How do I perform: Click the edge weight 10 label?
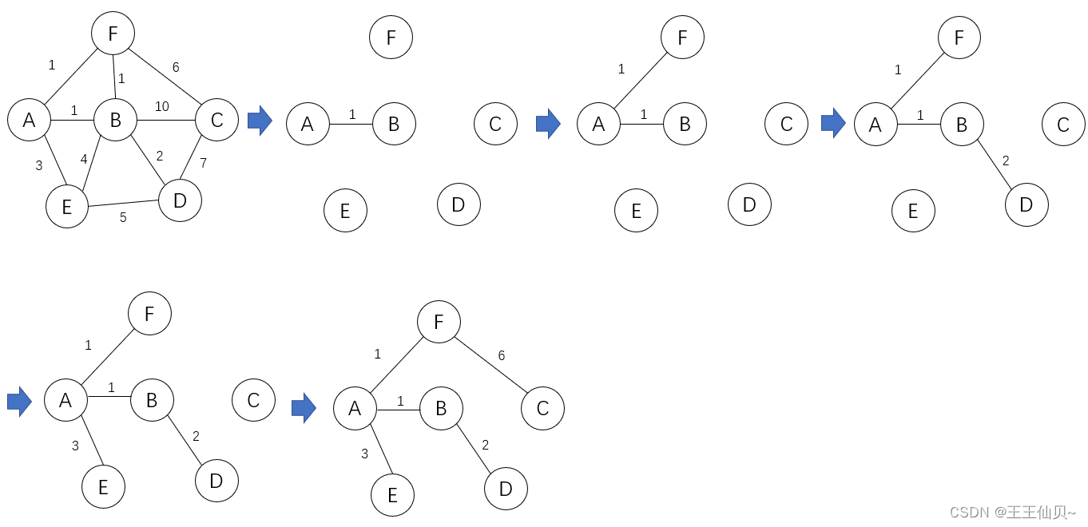161,106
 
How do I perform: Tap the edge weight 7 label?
203,163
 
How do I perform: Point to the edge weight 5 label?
123,217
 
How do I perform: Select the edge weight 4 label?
84,159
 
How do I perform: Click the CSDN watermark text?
1012,512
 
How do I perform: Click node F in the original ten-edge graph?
113,34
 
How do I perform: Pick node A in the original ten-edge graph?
30,121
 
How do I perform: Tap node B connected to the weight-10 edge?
115,121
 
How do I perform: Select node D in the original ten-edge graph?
180,200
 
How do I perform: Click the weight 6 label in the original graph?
176,67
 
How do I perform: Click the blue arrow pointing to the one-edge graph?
260,121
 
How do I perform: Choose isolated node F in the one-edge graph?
391,37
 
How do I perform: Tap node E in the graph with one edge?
345,211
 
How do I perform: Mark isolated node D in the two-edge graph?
749,204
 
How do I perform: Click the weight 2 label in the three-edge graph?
1006,160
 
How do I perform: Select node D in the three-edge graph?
1026,204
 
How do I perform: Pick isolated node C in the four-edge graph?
253,401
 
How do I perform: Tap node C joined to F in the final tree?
542,409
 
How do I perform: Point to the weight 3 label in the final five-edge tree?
365,454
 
